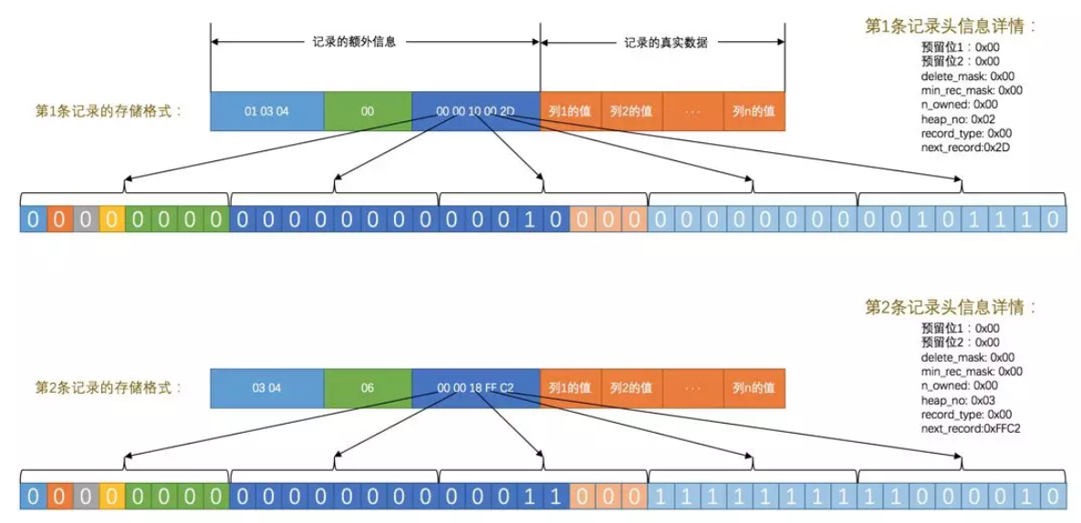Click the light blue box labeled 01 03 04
(266, 111)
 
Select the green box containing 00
(367, 111)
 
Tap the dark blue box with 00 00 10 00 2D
(475, 111)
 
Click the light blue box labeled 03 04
(266, 388)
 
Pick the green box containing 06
(367, 388)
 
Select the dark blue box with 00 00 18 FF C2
(475, 388)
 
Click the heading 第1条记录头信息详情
(951, 26)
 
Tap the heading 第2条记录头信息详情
(951, 307)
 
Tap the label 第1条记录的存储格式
(109, 111)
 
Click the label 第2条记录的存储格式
(109, 388)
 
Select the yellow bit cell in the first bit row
(110, 219)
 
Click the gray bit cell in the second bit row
(84, 496)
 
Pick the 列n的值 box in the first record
(754, 111)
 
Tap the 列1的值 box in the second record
(570, 388)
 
